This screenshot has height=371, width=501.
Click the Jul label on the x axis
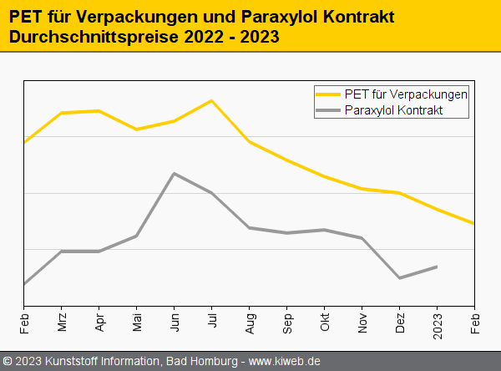(x=213, y=322)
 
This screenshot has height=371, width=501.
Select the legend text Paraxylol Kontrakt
(x=393, y=109)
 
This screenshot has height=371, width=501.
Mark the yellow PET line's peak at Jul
(x=212, y=100)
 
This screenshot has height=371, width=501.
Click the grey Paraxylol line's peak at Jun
(x=174, y=173)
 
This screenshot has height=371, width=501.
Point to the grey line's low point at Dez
(x=400, y=278)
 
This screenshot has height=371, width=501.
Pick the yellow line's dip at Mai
(x=137, y=130)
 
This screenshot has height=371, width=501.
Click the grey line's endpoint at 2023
(x=438, y=267)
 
